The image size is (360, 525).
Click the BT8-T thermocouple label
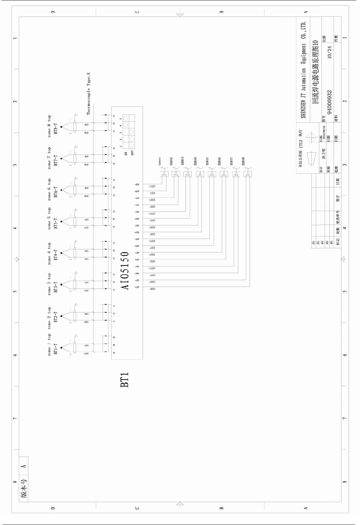(x=56, y=129)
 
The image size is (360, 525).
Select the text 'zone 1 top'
(x=49, y=344)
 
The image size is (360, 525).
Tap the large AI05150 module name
(x=125, y=271)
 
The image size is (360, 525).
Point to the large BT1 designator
(x=124, y=380)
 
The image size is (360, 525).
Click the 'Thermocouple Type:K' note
(x=88, y=94)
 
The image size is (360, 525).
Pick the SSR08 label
(x=243, y=161)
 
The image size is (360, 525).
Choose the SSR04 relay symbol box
(x=200, y=174)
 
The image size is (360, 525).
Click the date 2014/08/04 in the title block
(x=324, y=132)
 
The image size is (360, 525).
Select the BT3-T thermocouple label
(x=56, y=287)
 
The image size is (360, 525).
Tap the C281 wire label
(x=152, y=289)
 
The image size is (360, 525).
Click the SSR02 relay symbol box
(x=176, y=174)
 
